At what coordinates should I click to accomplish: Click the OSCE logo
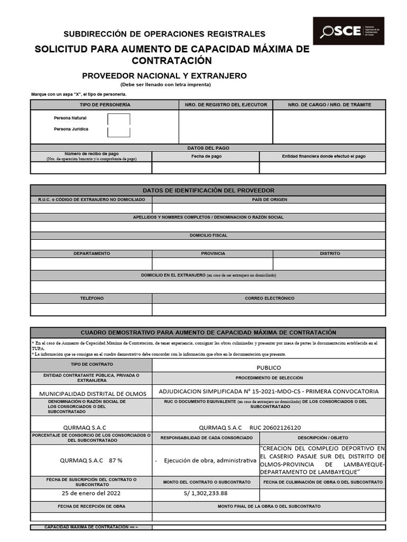coord(348,31)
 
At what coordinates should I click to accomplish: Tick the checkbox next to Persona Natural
coord(119,119)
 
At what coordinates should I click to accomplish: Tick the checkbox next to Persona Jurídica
coord(119,131)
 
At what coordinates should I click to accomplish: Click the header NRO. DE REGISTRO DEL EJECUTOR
coord(226,105)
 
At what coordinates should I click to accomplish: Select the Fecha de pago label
coord(206,157)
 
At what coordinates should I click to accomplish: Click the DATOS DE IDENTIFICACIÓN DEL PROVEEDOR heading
coord(208,191)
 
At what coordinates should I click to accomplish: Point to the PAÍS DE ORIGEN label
coord(269,200)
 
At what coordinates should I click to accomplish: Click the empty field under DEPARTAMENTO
coord(91,264)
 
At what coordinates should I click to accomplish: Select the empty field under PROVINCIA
coord(213,264)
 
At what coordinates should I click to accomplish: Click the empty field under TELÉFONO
coord(91,309)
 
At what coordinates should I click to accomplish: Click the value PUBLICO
coord(268,367)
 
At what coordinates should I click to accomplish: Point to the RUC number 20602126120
coord(282,427)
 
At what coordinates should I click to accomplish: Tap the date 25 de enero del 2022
coord(91,493)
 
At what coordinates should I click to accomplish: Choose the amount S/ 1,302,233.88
coord(205,493)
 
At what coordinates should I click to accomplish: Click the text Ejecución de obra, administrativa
coord(210,460)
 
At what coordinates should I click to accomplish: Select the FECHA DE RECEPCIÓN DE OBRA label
coord(91,506)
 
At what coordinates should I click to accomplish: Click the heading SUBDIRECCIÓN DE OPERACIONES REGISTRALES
coord(165,34)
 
